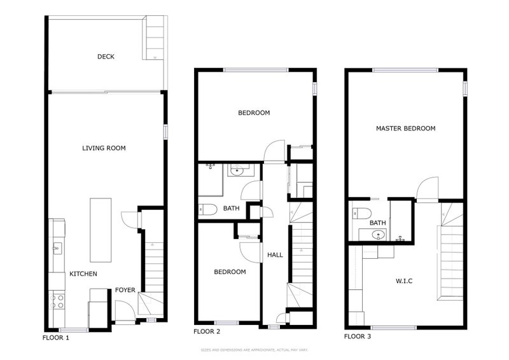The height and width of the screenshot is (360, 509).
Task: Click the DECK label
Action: [x=106, y=57]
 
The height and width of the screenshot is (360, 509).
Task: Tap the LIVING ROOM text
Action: [x=104, y=148]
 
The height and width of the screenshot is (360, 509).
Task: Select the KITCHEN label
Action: [x=83, y=274]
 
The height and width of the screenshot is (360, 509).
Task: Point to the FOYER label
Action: [x=125, y=290]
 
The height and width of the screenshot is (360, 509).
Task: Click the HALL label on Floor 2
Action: [x=275, y=255]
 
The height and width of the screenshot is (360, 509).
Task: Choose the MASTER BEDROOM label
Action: [x=405, y=128]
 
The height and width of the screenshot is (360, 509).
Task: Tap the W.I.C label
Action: [x=405, y=280]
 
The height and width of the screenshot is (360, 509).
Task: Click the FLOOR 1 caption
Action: [x=55, y=337]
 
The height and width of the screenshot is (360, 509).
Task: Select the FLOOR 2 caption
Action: [x=206, y=331]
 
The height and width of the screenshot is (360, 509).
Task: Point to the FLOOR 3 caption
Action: [x=358, y=336]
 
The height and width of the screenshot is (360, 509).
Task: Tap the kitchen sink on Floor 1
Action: [x=57, y=247]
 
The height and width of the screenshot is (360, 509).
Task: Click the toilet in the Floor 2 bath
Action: [x=208, y=209]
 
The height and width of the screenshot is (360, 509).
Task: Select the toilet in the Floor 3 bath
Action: [x=362, y=213]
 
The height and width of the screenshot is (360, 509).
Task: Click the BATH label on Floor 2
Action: [x=231, y=208]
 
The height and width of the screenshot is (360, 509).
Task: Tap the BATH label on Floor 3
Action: [x=378, y=223]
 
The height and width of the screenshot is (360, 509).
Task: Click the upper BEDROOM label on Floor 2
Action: [x=254, y=113]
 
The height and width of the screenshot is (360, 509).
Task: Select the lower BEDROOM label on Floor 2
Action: [x=230, y=272]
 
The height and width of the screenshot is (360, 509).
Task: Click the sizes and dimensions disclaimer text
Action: [x=254, y=349]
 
